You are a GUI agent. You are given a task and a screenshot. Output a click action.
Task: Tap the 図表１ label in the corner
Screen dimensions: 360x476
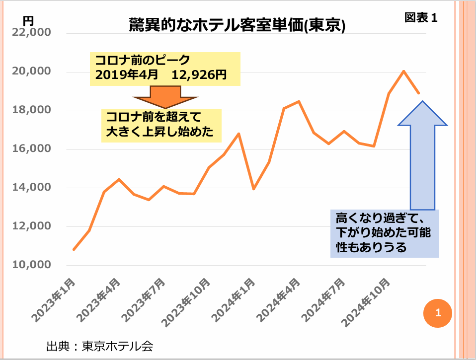[420, 17]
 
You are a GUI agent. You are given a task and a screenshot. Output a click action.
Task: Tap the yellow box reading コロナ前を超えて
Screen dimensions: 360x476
[161, 125]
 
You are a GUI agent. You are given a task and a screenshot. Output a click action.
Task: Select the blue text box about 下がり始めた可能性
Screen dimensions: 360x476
[385, 233]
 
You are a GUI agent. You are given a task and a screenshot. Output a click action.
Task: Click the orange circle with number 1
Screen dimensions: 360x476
[438, 313]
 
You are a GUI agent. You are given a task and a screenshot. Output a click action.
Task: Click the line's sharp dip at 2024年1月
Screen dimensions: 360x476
[254, 189]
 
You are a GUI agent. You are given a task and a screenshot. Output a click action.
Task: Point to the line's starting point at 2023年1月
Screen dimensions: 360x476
[74, 249]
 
